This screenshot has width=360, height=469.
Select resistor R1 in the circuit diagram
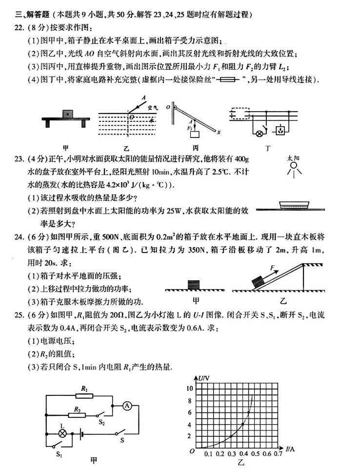[85, 396]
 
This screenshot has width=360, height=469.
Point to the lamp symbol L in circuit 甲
[62, 433]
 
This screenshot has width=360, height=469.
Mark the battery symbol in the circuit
[82, 433]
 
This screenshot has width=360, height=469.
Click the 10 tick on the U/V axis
[190, 389]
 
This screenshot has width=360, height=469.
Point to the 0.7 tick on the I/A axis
[279, 454]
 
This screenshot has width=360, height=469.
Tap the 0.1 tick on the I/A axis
[208, 454]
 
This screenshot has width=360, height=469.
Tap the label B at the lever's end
[219, 132]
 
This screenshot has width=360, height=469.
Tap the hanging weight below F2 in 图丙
[197, 133]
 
